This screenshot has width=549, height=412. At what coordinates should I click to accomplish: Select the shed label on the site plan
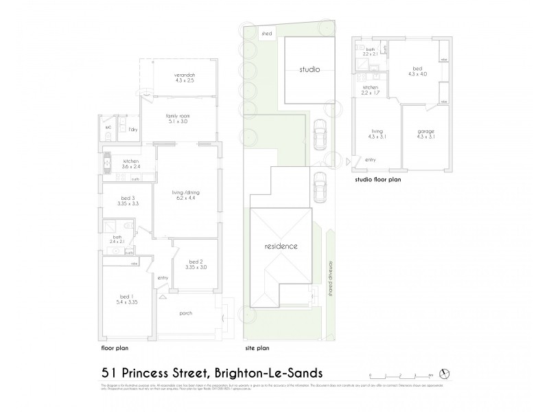click(x=266, y=32)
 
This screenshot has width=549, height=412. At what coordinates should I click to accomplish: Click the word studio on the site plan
click(x=309, y=69)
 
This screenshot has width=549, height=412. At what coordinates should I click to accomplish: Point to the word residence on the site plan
click(x=281, y=246)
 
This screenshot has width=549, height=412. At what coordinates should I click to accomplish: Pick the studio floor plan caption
click(x=377, y=181)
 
